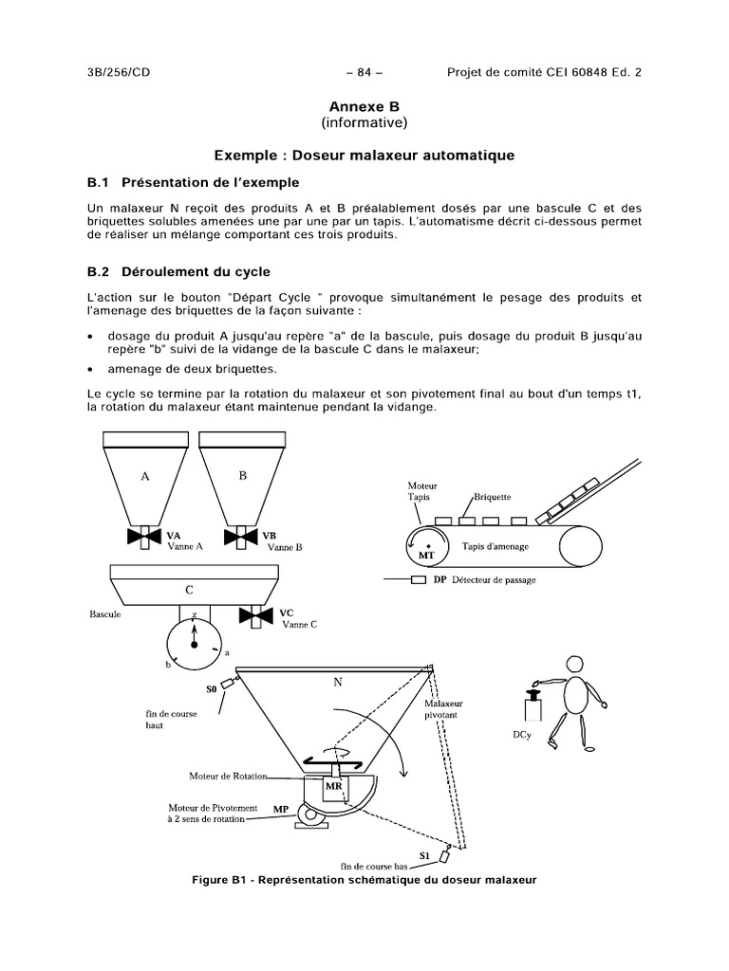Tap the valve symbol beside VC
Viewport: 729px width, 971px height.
point(253,617)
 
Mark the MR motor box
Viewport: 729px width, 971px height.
point(334,786)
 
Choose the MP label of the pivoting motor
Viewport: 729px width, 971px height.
point(281,809)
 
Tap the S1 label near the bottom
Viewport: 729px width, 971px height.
point(426,852)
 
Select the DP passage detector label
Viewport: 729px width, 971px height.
point(439,579)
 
